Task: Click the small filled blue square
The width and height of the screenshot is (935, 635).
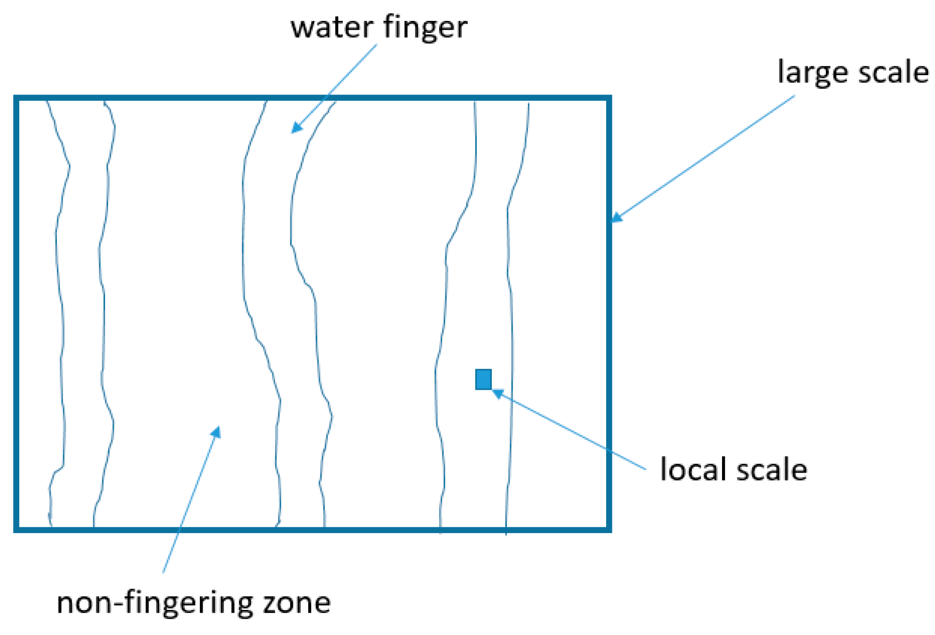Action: (x=483, y=379)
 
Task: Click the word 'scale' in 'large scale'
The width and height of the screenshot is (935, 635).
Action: (x=894, y=72)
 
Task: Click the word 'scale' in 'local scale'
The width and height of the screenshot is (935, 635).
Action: (x=772, y=469)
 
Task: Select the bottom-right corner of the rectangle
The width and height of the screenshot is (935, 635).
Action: (x=609, y=530)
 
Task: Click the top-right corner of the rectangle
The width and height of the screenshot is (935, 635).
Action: (x=609, y=98)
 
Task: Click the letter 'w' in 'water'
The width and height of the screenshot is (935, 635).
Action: (x=302, y=28)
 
